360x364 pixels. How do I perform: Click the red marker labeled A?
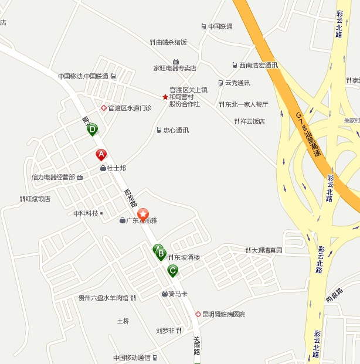pos(101,155)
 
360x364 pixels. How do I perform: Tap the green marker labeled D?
pos(92,130)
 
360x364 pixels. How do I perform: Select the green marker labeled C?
pos(172,270)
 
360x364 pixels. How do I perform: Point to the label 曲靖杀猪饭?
pos(171,42)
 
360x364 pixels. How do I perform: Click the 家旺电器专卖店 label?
pos(175,68)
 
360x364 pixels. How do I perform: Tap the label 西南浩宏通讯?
pos(258,65)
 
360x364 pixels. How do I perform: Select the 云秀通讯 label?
pos(237,83)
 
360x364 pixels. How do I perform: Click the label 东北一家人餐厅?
pos(247,104)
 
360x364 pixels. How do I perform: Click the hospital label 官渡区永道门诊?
pos(129,108)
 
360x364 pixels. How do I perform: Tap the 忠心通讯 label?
pos(176,130)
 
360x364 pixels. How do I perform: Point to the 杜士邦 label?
pos(116,168)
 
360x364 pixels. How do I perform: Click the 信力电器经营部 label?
pos(53,177)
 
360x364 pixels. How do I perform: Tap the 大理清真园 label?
pos(267,250)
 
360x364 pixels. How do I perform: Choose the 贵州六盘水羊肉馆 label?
pos(103,298)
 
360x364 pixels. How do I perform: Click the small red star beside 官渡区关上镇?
pos(165,97)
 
